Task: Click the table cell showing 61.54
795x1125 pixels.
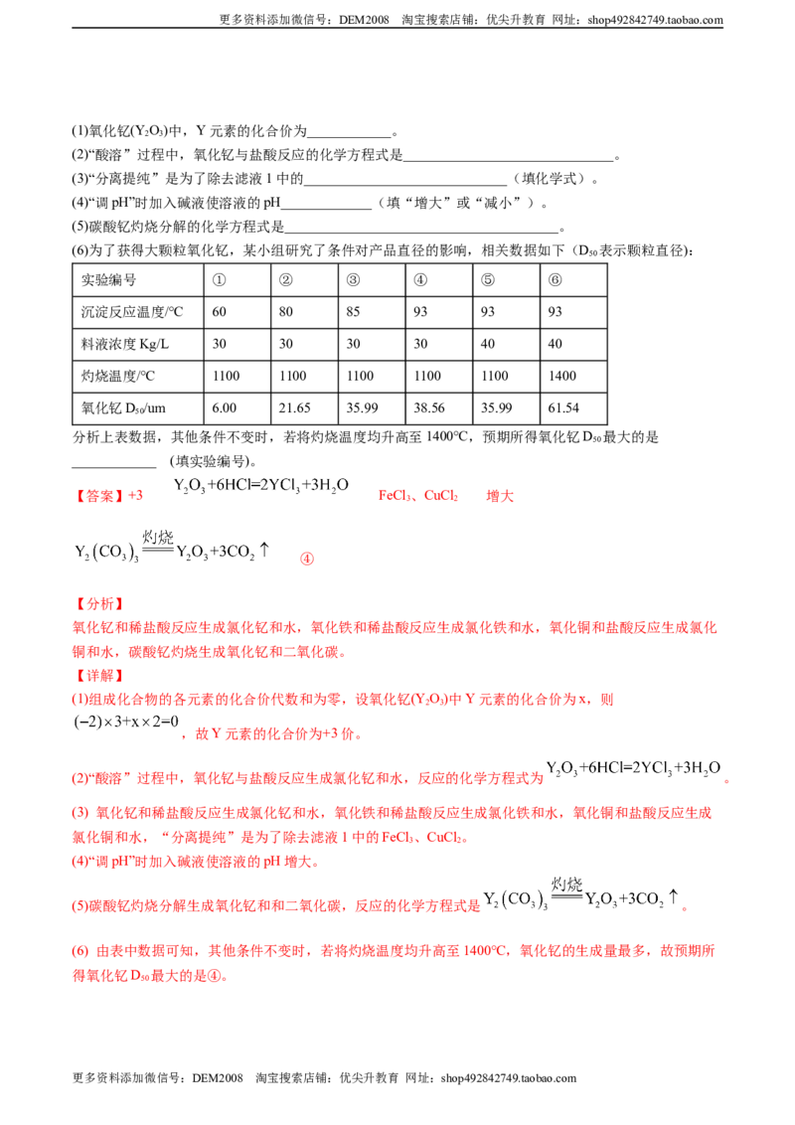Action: tap(573, 408)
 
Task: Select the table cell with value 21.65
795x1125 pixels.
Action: tap(304, 408)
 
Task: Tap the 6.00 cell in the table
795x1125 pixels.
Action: tap(238, 408)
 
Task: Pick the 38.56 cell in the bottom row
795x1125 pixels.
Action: tap(439, 408)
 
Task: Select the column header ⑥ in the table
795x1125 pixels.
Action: tap(573, 280)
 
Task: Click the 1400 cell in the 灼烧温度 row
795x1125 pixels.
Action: tap(573, 376)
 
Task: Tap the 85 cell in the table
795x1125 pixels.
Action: tap(372, 312)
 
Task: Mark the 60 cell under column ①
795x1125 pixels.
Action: tap(238, 312)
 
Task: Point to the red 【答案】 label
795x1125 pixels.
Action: tap(99, 496)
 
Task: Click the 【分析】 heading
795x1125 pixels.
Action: tap(99, 604)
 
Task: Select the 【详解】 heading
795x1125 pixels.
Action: tap(99, 676)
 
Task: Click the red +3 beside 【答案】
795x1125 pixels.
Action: tap(135, 496)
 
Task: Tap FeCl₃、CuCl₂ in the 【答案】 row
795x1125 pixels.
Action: tap(418, 496)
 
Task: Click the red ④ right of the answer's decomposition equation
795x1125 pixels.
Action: tap(307, 559)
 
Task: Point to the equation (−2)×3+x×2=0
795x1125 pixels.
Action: tap(126, 722)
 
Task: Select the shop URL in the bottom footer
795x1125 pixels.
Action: tap(509, 1078)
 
